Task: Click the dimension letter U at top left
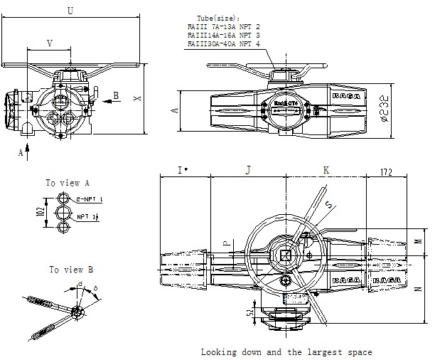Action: point(69,10)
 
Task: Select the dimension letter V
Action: point(49,43)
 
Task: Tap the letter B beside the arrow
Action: point(117,94)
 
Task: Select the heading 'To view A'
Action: point(68,183)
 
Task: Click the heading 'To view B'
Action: point(71,270)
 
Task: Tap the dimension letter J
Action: point(247,170)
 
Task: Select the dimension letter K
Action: point(326,170)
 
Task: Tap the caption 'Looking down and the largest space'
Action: point(286,351)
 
